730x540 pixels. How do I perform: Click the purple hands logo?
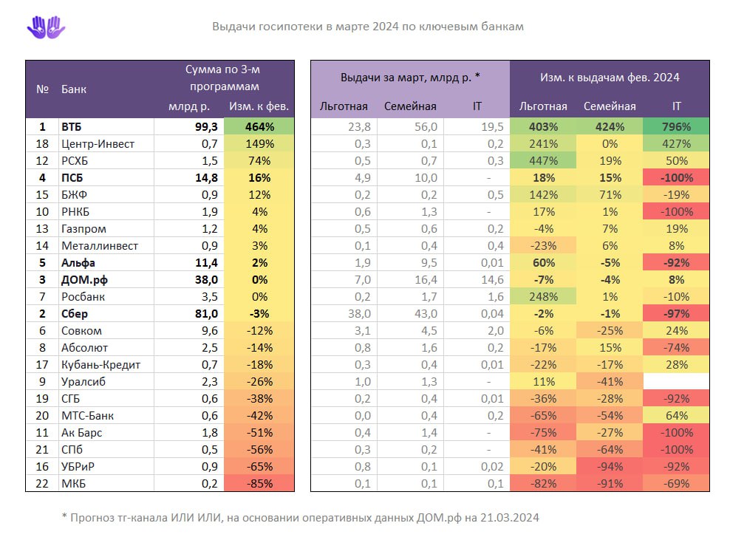(46, 27)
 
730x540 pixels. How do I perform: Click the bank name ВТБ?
(72, 127)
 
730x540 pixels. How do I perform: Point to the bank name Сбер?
(75, 314)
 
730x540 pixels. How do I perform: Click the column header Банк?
(74, 89)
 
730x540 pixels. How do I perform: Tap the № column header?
(42, 89)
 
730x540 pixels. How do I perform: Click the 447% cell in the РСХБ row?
(543, 161)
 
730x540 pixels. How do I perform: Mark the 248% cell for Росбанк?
(543, 297)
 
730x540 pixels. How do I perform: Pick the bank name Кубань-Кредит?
(100, 365)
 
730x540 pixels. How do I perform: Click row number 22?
(42, 484)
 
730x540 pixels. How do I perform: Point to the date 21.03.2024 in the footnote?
(502, 518)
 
